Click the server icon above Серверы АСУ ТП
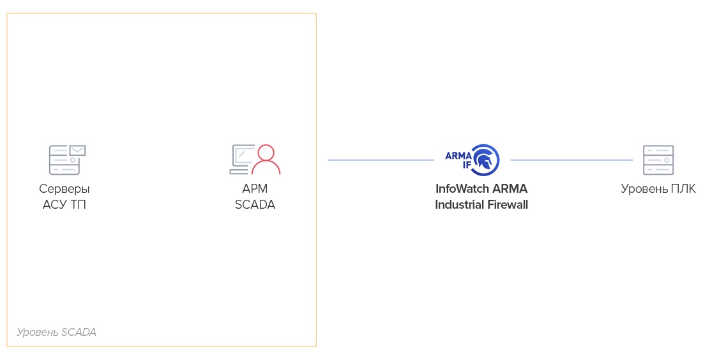64,161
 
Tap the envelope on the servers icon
78,150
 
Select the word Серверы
64,189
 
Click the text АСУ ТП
64,205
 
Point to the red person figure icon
266,160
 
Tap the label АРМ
255,189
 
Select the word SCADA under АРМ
255,205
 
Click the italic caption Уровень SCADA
56,333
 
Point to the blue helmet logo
487,160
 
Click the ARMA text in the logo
458,155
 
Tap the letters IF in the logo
466,164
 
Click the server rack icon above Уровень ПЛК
658,160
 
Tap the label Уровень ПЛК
658,189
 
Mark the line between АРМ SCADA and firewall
381,160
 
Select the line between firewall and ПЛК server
571,160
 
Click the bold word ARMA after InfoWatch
510,189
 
